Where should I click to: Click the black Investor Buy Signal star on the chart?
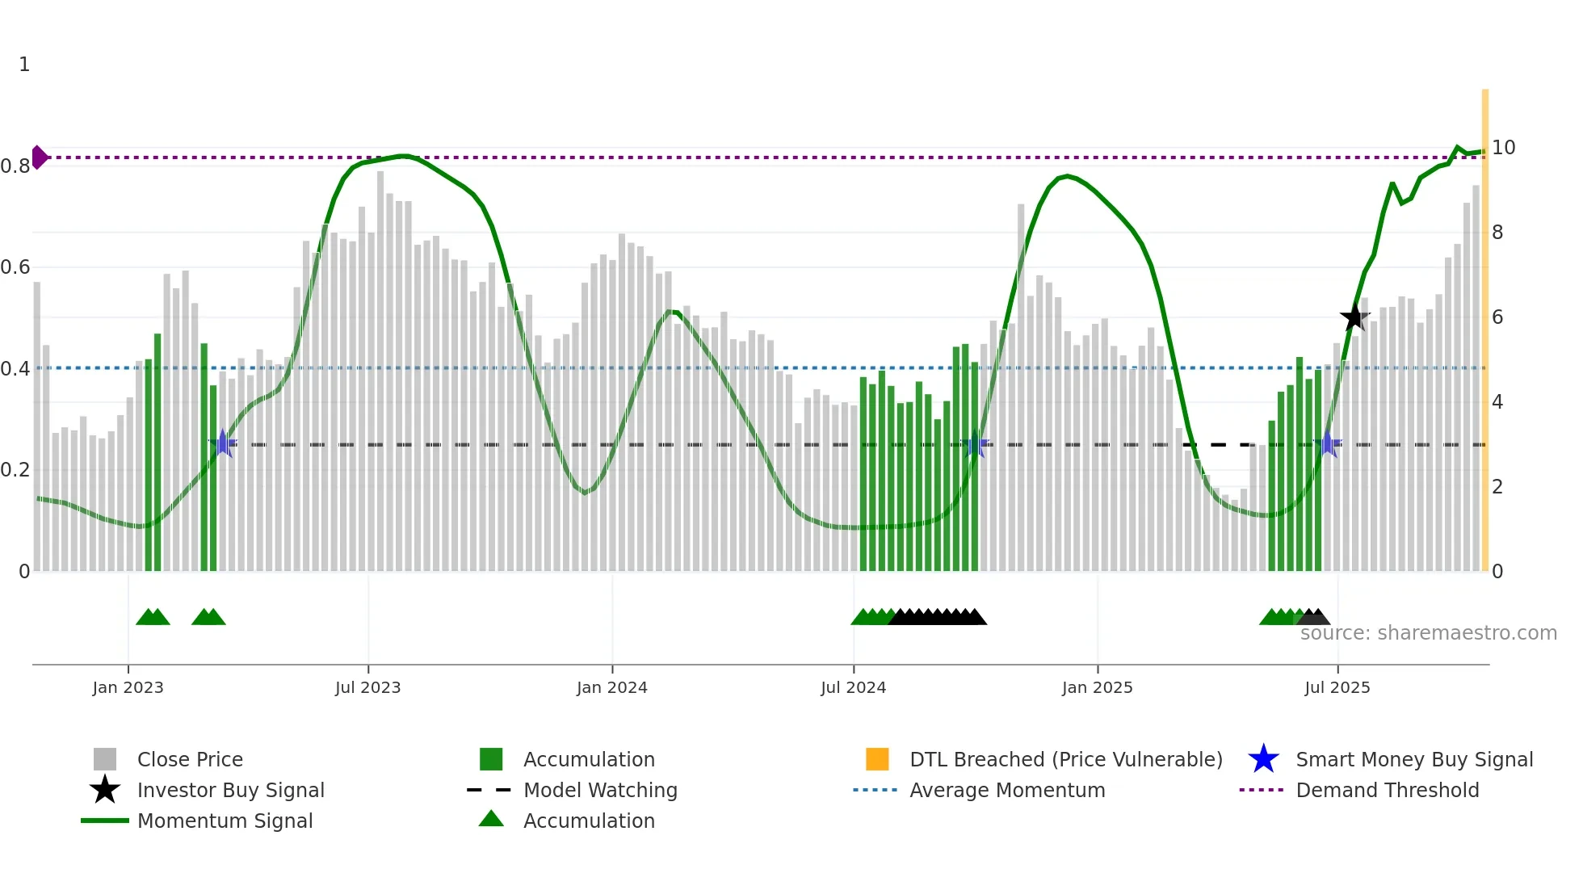point(1354,317)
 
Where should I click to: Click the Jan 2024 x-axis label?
point(611,687)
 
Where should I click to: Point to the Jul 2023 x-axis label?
point(367,687)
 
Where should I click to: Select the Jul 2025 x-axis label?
point(1337,687)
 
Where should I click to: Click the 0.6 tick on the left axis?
point(15,267)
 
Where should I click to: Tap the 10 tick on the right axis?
point(1503,148)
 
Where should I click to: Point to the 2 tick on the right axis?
point(1497,487)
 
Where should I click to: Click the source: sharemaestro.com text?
point(1428,633)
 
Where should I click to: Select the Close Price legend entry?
point(190,759)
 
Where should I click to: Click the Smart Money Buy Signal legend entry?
point(1413,759)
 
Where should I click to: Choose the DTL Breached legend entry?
point(1065,759)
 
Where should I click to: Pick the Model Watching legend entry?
point(599,790)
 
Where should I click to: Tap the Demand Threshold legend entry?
point(1387,790)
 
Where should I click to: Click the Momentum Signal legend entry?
point(225,821)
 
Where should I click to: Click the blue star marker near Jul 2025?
point(1327,443)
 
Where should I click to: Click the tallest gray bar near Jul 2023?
point(380,372)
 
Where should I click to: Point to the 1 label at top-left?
point(24,65)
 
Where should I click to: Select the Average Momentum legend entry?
point(1006,790)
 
